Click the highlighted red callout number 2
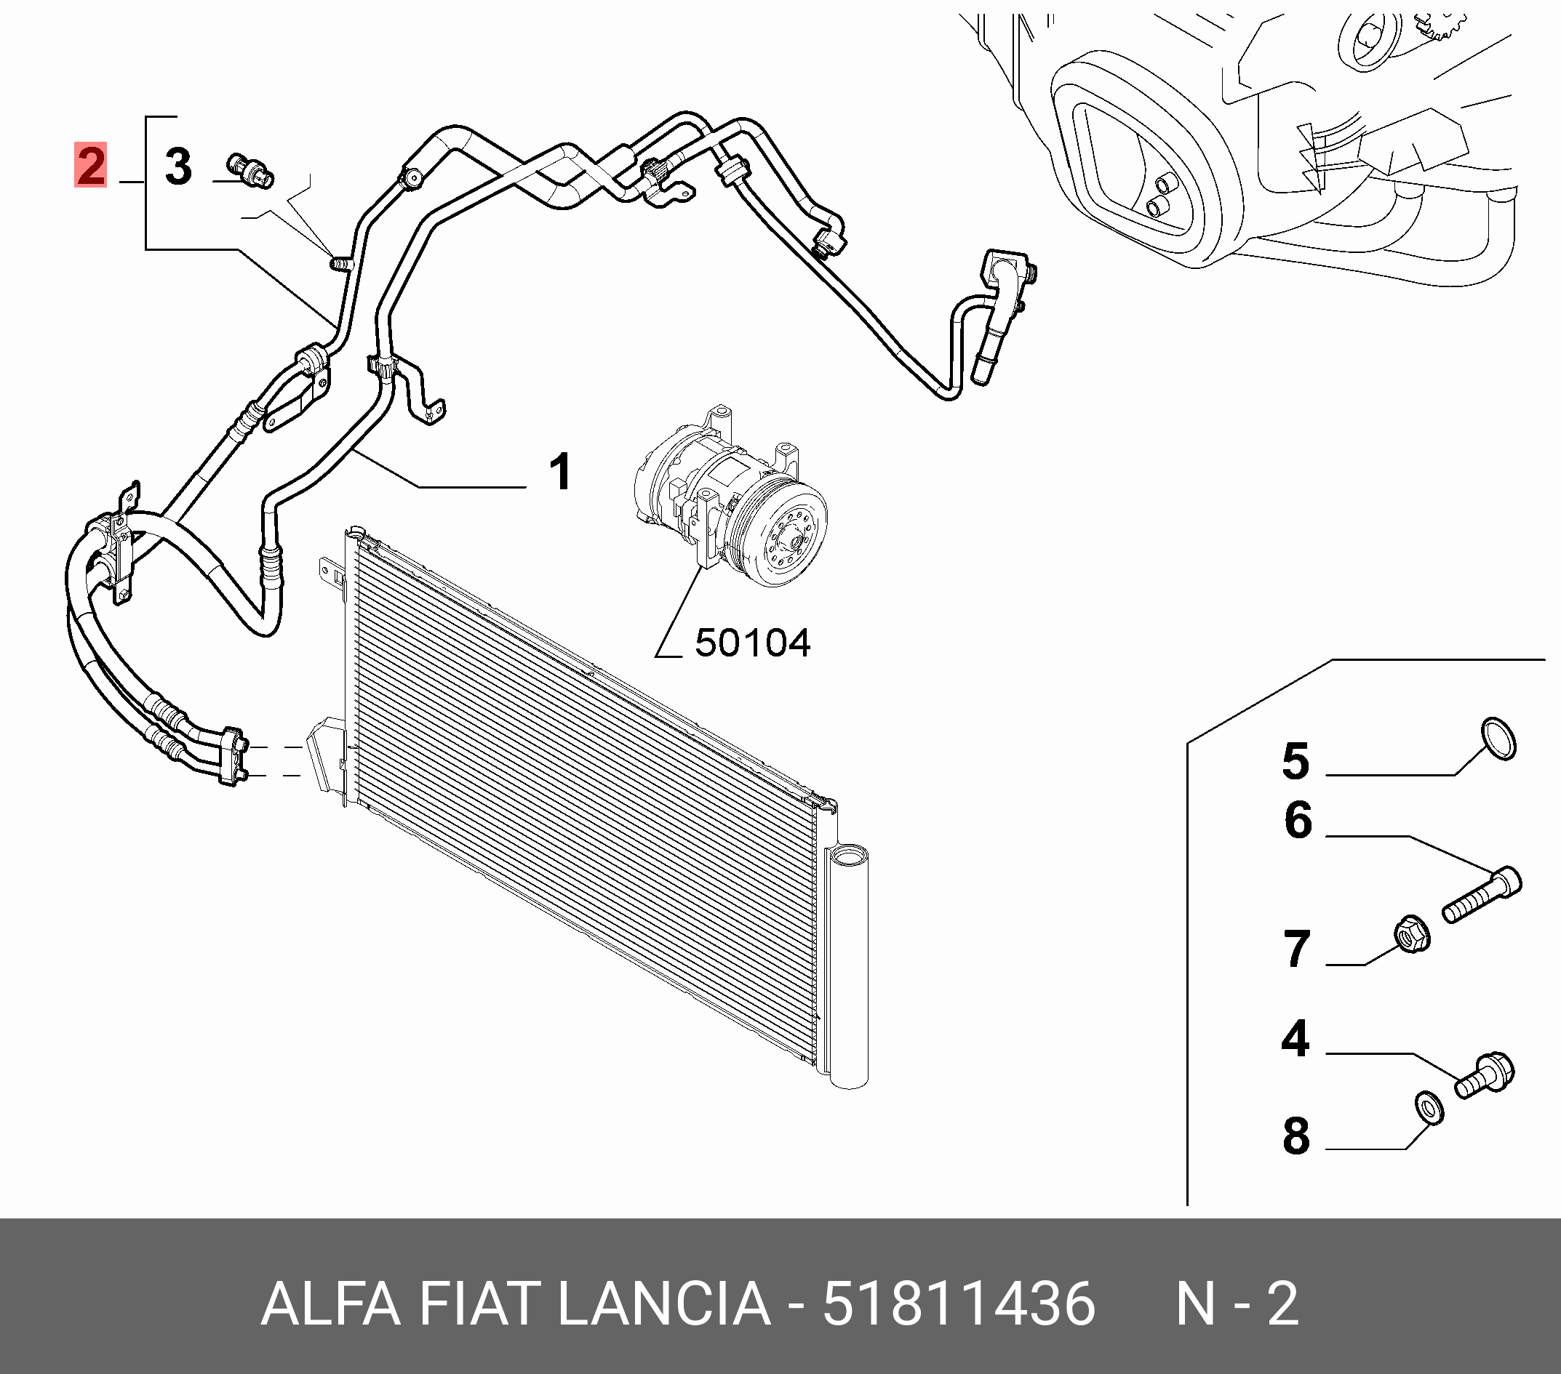click(90, 165)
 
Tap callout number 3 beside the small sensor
click(178, 166)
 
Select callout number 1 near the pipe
click(561, 472)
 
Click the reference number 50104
click(752, 643)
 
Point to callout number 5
click(1295, 761)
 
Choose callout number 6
click(1298, 821)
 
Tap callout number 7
click(1296, 949)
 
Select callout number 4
click(1295, 1038)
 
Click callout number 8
click(1296, 1135)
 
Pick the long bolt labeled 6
click(1482, 896)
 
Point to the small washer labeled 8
click(1429, 1108)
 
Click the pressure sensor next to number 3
click(250, 171)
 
